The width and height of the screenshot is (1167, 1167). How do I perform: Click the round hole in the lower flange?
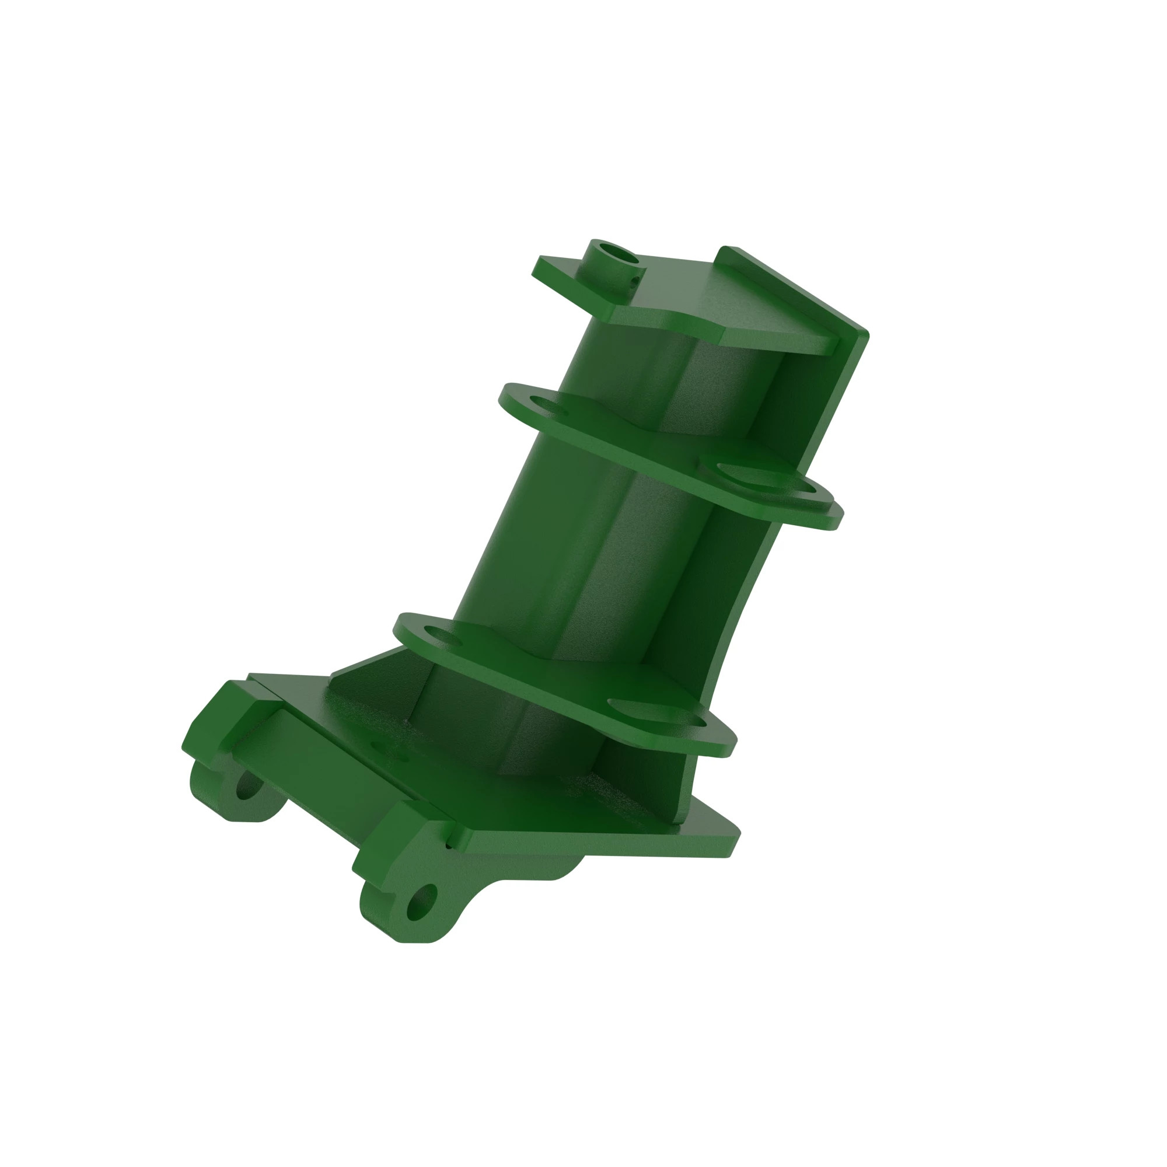point(443,636)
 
